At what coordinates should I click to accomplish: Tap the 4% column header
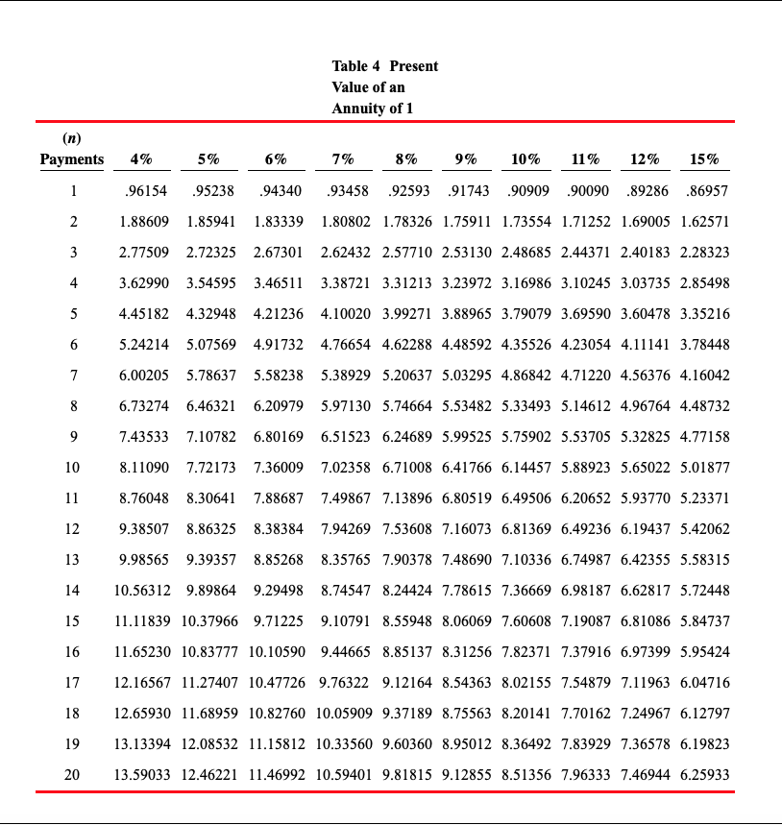tap(140, 159)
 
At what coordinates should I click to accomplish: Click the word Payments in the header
tap(72, 159)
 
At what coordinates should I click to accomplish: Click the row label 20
tap(72, 774)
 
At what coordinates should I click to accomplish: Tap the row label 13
tap(72, 560)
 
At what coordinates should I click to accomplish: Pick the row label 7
tap(72, 376)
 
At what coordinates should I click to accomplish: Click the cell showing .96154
tap(143, 191)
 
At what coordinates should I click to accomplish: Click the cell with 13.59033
tap(142, 774)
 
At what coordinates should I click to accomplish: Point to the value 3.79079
tap(526, 314)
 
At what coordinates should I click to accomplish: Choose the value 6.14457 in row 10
tap(526, 468)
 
